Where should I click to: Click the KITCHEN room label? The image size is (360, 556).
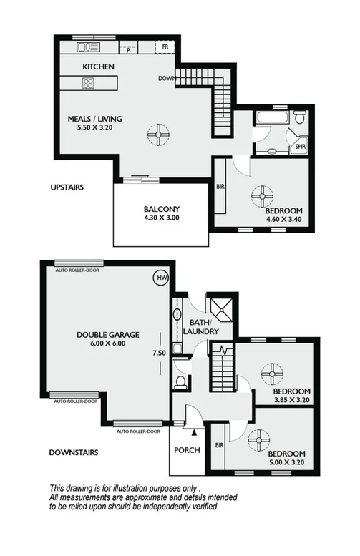(99, 67)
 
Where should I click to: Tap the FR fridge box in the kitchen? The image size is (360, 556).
(165, 47)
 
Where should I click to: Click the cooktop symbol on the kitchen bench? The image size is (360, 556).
(89, 82)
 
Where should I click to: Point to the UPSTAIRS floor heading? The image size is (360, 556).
(68, 188)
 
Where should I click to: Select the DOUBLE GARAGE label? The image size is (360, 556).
(108, 334)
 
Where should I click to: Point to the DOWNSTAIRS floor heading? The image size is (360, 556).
(74, 452)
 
